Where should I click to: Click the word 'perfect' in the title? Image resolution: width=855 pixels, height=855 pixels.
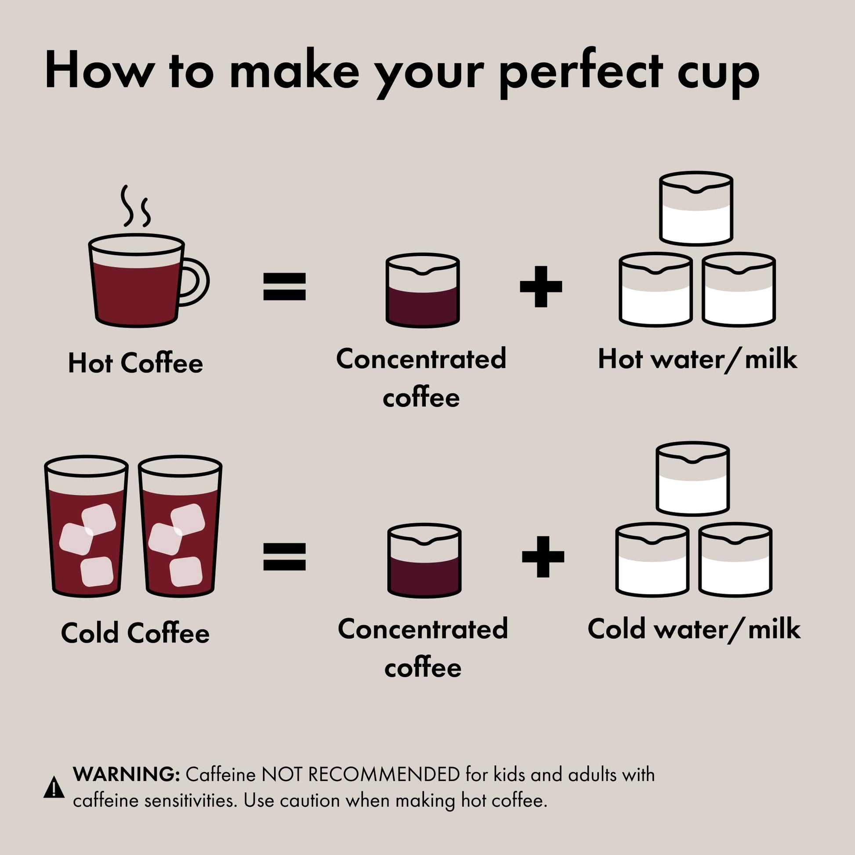[x=581, y=73]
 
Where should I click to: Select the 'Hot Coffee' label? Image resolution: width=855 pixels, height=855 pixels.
[x=135, y=363]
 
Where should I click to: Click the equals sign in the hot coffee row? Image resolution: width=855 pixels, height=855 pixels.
[x=284, y=286]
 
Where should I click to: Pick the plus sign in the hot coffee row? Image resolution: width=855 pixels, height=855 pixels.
[x=541, y=286]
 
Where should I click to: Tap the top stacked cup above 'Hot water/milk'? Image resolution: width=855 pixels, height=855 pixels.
[x=696, y=208]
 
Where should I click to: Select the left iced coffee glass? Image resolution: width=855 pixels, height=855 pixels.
[x=86, y=527]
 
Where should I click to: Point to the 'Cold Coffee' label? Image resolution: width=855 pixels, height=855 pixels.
[x=135, y=633]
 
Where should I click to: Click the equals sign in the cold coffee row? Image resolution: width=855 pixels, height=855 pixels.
[x=284, y=556]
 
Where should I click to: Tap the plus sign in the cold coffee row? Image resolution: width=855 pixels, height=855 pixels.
[x=543, y=556]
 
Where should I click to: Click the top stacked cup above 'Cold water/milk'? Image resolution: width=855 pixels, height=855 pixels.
[x=692, y=478]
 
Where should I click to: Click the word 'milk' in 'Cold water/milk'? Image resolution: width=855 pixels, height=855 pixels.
[x=774, y=629]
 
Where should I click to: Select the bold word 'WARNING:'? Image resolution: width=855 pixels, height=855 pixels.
[x=126, y=775]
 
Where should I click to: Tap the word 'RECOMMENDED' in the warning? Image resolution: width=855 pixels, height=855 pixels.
[x=384, y=775]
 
